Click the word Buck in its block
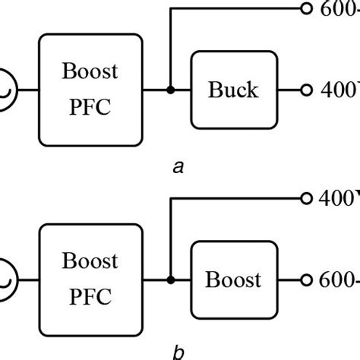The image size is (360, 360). point(234,90)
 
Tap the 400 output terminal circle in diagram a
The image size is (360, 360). point(306,90)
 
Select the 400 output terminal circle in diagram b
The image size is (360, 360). point(306,198)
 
